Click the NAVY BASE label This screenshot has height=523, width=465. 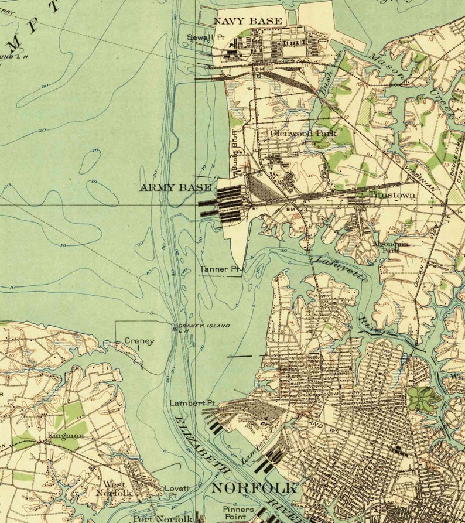pos(247,21)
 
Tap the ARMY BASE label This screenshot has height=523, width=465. pos(175,187)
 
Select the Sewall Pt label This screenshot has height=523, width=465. pos(206,37)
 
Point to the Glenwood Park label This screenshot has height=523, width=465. pos(303,133)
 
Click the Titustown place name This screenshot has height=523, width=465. pos(392,194)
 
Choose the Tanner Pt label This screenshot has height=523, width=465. pos(220,269)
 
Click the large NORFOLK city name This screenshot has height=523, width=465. pos(254,488)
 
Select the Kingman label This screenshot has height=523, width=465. pos(66,436)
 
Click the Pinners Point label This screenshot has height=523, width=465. pos(238,513)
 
